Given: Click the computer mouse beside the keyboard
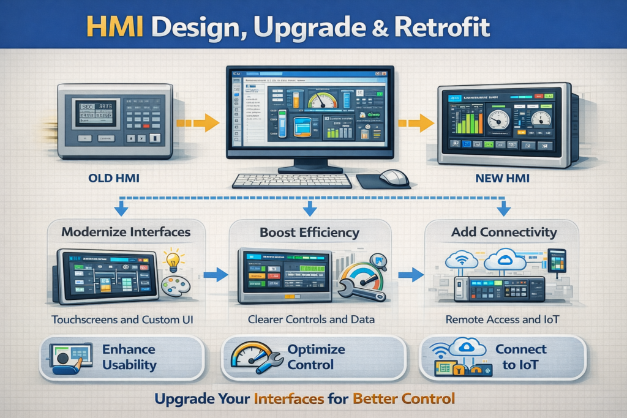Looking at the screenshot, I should (393, 177).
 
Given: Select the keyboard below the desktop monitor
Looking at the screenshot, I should (292, 181).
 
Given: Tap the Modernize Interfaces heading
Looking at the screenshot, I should (126, 233).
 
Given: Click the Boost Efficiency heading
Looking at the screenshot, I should (310, 233).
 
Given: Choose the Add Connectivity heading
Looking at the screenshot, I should (504, 233).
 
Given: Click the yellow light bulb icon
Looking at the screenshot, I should (173, 259).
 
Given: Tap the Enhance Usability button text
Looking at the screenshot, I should (129, 357).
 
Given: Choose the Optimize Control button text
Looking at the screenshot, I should (316, 357).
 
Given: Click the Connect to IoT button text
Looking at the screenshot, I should (520, 357).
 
